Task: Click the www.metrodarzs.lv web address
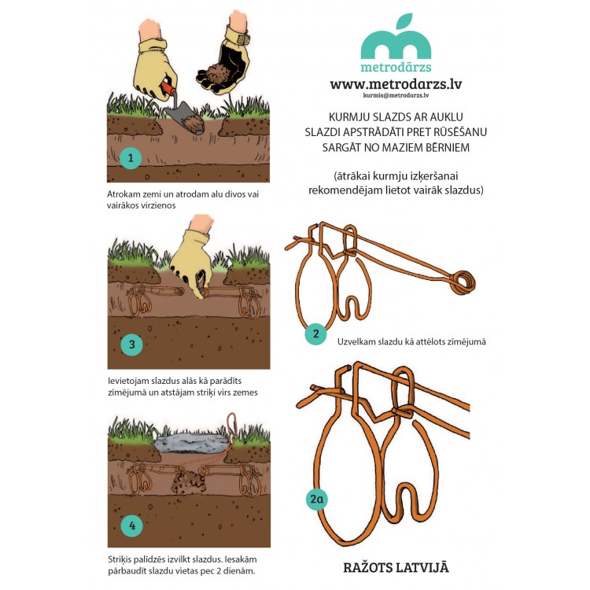(x=396, y=83)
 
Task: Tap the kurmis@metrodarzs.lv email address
(x=396, y=95)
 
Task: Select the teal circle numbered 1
(x=131, y=157)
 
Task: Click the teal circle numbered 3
(x=131, y=345)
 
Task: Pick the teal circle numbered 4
(x=132, y=525)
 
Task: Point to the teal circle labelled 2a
(x=317, y=499)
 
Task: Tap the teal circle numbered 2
(x=315, y=334)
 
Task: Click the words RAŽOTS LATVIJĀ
(x=396, y=567)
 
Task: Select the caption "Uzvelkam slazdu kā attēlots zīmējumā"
(x=411, y=341)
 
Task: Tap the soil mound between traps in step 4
(x=187, y=483)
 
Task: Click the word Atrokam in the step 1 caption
(x=122, y=194)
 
